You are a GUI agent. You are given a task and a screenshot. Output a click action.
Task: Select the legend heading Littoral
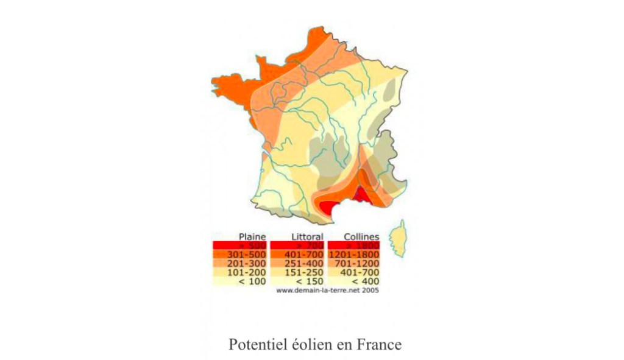[x=307, y=236]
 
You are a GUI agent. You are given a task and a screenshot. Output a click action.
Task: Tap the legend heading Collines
[x=361, y=236]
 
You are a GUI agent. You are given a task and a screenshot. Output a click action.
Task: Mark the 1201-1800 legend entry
[x=355, y=254]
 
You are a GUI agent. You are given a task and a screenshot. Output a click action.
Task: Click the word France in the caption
[x=381, y=344]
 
